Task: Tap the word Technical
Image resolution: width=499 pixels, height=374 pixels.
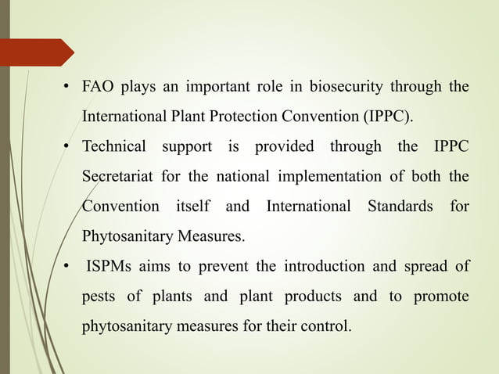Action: point(114,146)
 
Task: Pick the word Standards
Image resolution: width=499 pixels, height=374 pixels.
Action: point(400,207)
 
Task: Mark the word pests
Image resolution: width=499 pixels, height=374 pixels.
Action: point(99,297)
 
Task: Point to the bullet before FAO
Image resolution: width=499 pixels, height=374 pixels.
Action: point(68,87)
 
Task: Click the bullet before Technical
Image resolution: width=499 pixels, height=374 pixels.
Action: point(68,146)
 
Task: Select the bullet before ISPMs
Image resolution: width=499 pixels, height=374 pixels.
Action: point(68,266)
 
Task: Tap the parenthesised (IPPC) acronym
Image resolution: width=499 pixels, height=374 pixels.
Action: point(387,117)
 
